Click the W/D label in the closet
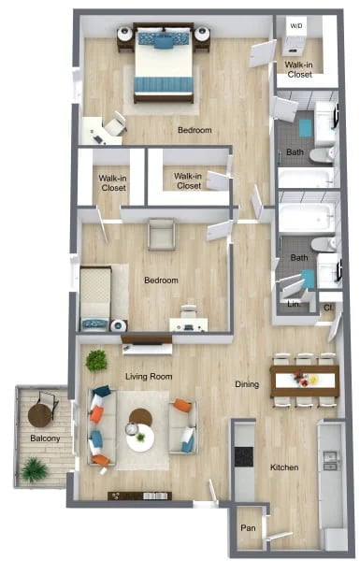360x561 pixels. (x=296, y=25)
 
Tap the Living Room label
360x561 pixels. (x=149, y=377)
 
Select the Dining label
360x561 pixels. (x=247, y=383)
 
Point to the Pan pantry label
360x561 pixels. (x=248, y=527)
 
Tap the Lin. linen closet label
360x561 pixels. (x=293, y=303)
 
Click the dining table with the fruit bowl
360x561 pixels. (x=304, y=379)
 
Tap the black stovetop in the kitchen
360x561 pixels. (x=244, y=457)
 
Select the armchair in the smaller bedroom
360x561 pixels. (x=161, y=234)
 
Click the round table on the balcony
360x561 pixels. (x=41, y=412)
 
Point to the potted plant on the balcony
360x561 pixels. (x=35, y=468)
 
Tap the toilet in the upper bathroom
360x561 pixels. (x=320, y=153)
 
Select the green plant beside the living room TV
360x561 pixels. (x=95, y=360)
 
